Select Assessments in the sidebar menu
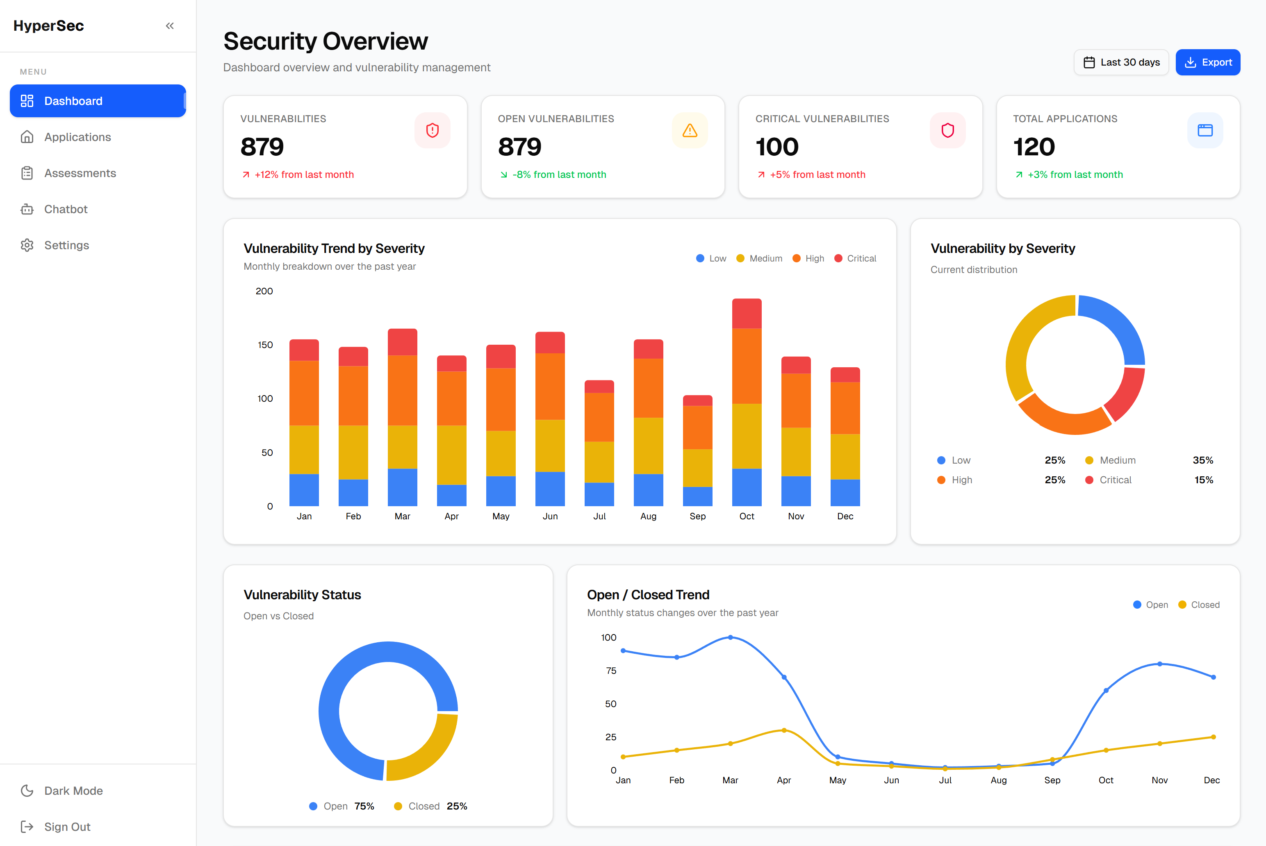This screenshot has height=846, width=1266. pyautogui.click(x=80, y=173)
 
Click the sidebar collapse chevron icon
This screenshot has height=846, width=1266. pyautogui.click(x=169, y=26)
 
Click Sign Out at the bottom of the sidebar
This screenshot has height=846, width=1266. pyautogui.click(x=67, y=827)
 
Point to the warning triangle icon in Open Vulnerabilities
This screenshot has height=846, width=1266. pyautogui.click(x=690, y=131)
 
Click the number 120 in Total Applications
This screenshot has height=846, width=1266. pyautogui.click(x=1034, y=147)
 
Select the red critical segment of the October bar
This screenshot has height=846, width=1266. pyautogui.click(x=746, y=314)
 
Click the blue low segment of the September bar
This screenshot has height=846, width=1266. pyautogui.click(x=697, y=496)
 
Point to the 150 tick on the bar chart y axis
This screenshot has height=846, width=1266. pyautogui.click(x=265, y=345)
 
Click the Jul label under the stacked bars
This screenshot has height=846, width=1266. pyautogui.click(x=599, y=516)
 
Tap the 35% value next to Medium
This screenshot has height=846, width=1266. pyautogui.click(x=1202, y=460)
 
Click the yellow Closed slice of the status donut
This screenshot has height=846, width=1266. pyautogui.click(x=426, y=750)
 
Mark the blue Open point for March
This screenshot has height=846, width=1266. pyautogui.click(x=730, y=637)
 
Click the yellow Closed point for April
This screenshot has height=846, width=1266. pyautogui.click(x=783, y=730)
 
